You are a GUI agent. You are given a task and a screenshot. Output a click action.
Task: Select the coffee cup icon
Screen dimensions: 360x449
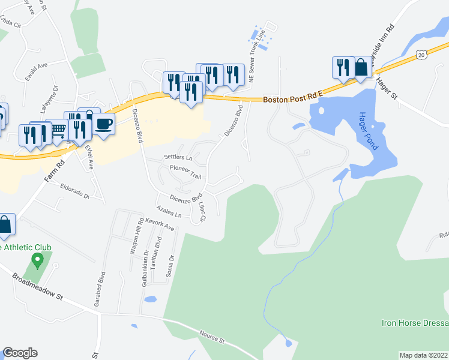tap(104, 124)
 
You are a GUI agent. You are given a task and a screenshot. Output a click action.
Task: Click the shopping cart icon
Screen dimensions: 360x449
tap(58, 130)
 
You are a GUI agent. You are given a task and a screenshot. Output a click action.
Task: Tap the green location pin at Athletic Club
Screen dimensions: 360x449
tap(37, 261)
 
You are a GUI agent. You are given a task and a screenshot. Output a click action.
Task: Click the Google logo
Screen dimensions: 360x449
tap(20, 353)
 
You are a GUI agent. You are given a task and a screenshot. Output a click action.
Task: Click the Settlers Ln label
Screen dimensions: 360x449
tap(178, 158)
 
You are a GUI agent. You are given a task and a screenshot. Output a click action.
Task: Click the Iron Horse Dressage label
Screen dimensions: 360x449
tap(415, 323)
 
